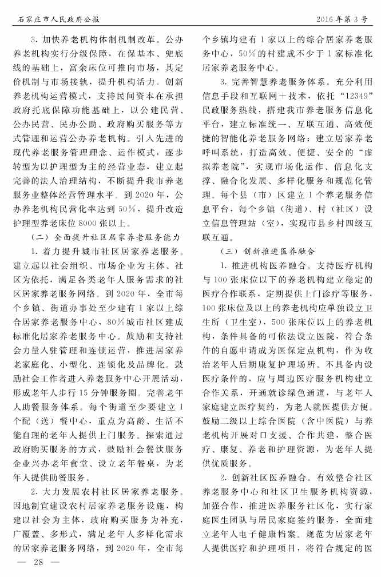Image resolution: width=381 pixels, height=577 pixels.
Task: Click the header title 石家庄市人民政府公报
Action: click(x=56, y=19)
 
